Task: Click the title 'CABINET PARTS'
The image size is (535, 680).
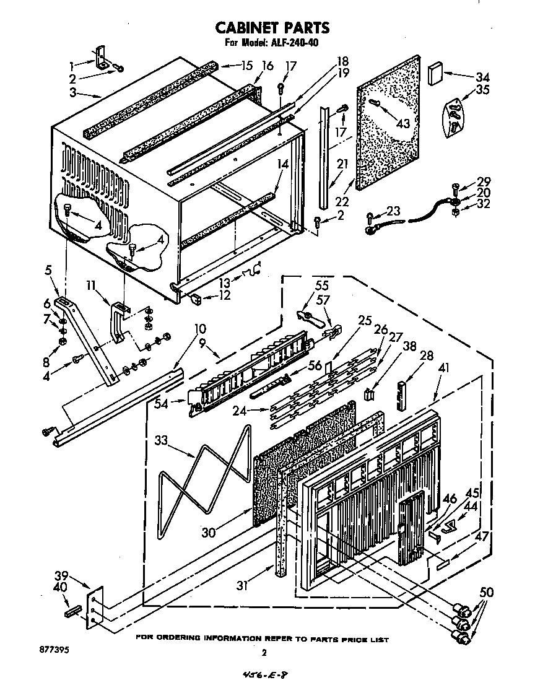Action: (x=271, y=27)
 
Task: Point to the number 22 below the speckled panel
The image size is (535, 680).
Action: (x=341, y=201)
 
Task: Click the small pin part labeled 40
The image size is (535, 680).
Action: (x=71, y=612)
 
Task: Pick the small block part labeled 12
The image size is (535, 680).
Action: (x=197, y=300)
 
